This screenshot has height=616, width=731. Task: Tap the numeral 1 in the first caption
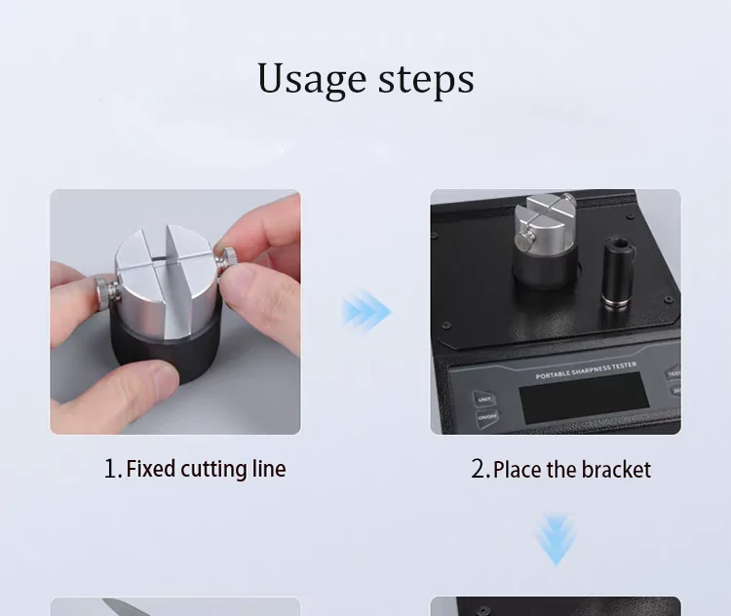pos(112,469)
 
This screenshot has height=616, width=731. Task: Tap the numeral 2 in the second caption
pos(479,469)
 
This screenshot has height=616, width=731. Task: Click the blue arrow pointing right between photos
pos(366,313)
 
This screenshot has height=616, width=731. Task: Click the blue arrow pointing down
pos(556,540)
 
